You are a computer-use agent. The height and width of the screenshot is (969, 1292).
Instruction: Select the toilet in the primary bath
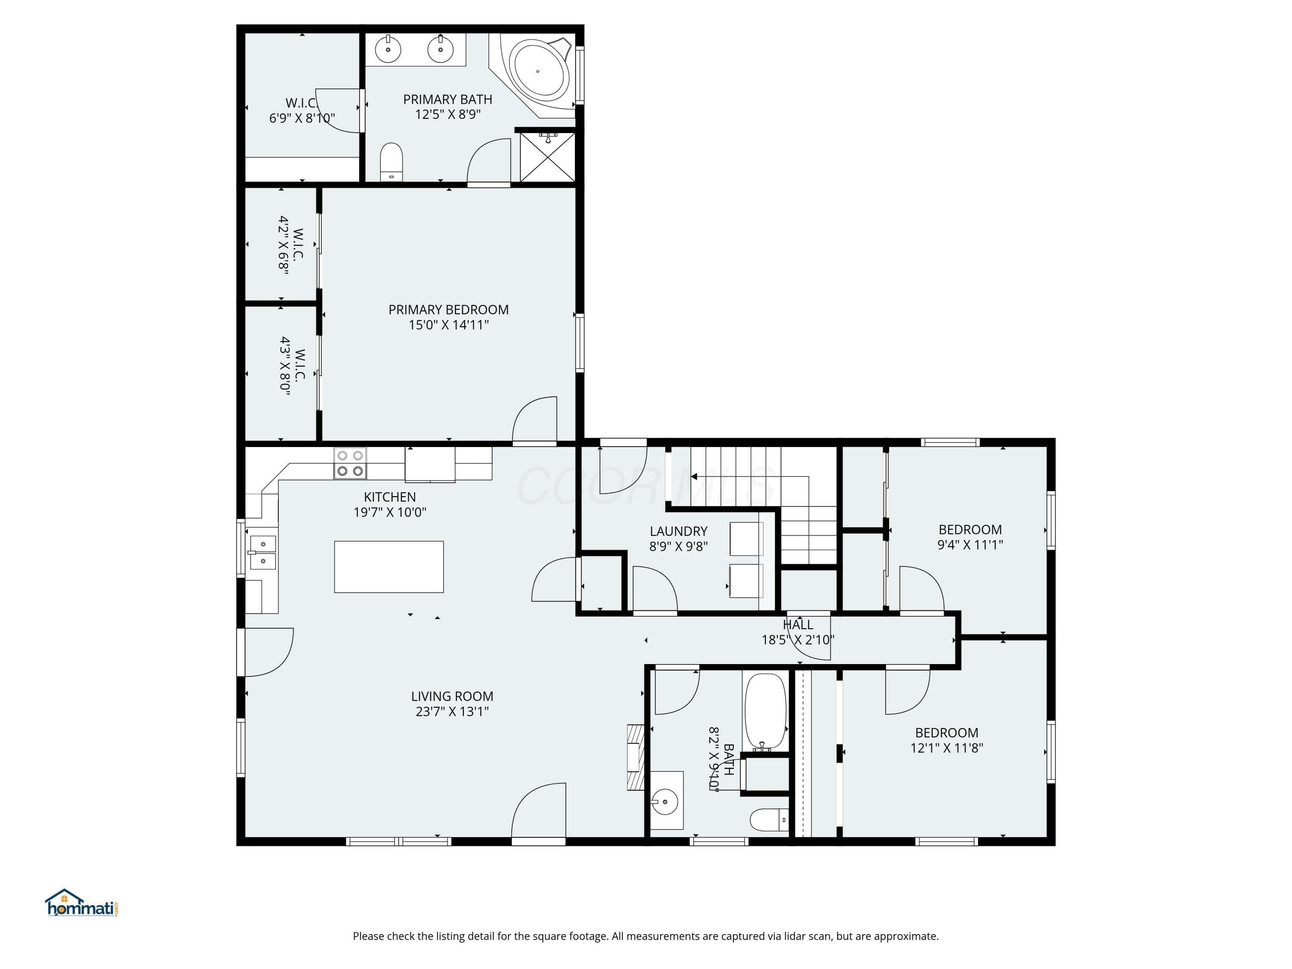(x=391, y=162)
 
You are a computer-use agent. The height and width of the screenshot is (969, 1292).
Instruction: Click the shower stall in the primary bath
(x=547, y=156)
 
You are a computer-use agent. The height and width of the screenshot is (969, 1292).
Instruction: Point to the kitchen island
(x=388, y=567)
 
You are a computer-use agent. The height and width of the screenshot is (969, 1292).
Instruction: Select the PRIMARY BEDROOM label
(x=449, y=310)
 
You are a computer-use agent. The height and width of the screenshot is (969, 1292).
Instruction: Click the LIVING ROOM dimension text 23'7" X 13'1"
(x=452, y=711)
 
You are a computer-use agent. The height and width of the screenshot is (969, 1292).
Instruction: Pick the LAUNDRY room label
(x=678, y=531)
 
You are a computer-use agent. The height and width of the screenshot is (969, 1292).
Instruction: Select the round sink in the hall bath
(x=665, y=801)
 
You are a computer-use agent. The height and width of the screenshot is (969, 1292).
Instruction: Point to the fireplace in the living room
(x=636, y=757)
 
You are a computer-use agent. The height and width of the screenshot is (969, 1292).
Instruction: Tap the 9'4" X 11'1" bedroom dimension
(x=970, y=545)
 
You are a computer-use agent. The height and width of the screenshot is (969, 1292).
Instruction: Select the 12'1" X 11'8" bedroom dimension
(x=946, y=748)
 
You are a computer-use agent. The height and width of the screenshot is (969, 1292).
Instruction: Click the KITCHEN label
(x=390, y=497)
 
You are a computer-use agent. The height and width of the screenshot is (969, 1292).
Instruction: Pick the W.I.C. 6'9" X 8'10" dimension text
(x=302, y=118)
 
